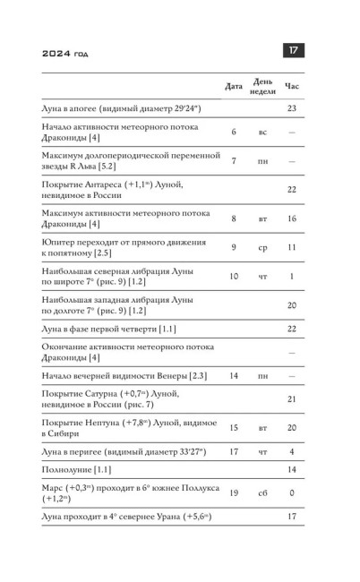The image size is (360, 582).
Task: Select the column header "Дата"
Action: click(x=234, y=86)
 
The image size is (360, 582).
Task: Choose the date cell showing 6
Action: click(x=234, y=132)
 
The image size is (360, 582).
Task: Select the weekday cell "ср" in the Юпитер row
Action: click(x=262, y=245)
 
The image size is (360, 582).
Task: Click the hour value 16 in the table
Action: click(x=292, y=218)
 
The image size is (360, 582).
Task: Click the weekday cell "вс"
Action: click(x=262, y=132)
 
